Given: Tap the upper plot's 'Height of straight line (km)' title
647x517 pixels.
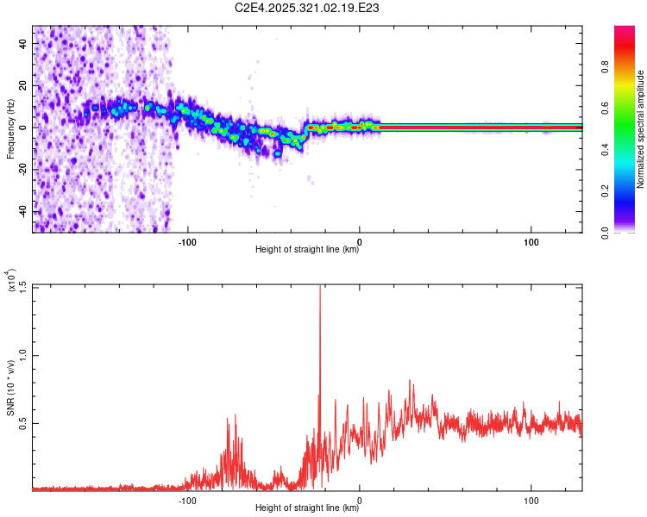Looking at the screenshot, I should click(x=307, y=250).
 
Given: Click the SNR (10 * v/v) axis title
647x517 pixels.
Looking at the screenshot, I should click(x=10, y=388).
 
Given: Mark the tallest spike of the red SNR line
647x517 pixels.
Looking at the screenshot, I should click(x=320, y=288).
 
